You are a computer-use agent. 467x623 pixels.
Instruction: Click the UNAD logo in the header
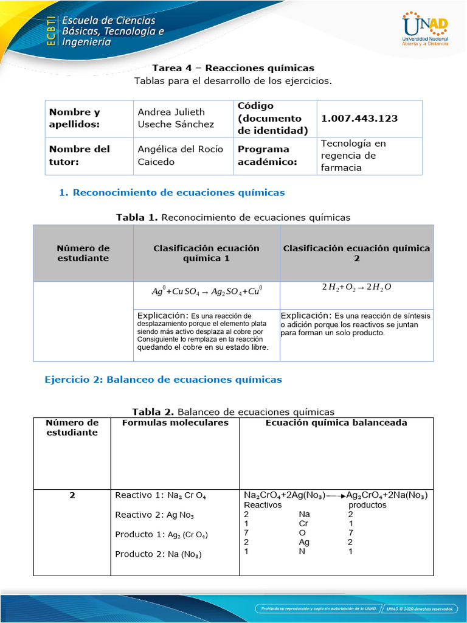[x=425, y=29]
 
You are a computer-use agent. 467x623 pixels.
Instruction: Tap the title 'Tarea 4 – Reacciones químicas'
[x=233, y=68]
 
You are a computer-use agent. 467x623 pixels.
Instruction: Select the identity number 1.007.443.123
[x=359, y=118]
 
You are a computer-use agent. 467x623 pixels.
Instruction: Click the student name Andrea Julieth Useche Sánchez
[x=176, y=118]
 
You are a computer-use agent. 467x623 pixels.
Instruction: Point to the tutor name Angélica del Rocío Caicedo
[x=180, y=155]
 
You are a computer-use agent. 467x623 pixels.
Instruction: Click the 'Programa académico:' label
[x=263, y=155]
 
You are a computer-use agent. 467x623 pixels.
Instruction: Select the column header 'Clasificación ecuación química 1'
[x=206, y=253]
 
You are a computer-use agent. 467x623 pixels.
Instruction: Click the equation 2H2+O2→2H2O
[x=356, y=288]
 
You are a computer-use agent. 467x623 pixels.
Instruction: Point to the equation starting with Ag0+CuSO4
[x=207, y=291]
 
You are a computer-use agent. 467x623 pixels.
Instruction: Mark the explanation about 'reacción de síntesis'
[x=356, y=324]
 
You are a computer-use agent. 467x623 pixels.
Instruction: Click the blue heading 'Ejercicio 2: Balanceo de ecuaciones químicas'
[x=164, y=380]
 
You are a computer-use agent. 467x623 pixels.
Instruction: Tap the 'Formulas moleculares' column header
[x=175, y=423]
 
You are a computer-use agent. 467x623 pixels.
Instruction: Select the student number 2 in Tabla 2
[x=72, y=495]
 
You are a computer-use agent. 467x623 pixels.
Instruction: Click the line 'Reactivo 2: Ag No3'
[x=154, y=515]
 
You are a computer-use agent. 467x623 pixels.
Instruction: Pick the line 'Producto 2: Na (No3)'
[x=158, y=554]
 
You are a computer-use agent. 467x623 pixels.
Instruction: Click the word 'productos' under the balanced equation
[x=367, y=505]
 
